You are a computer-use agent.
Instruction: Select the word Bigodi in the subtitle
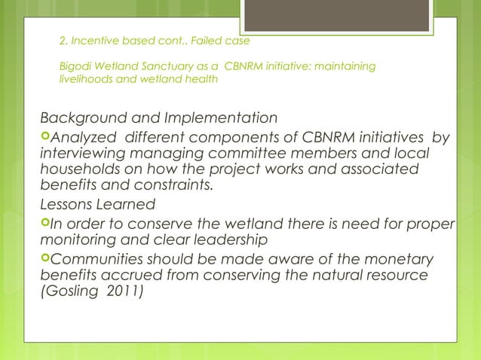tap(75, 67)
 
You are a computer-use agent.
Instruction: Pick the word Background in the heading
tap(86, 118)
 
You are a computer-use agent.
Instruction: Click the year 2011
tap(127, 292)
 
